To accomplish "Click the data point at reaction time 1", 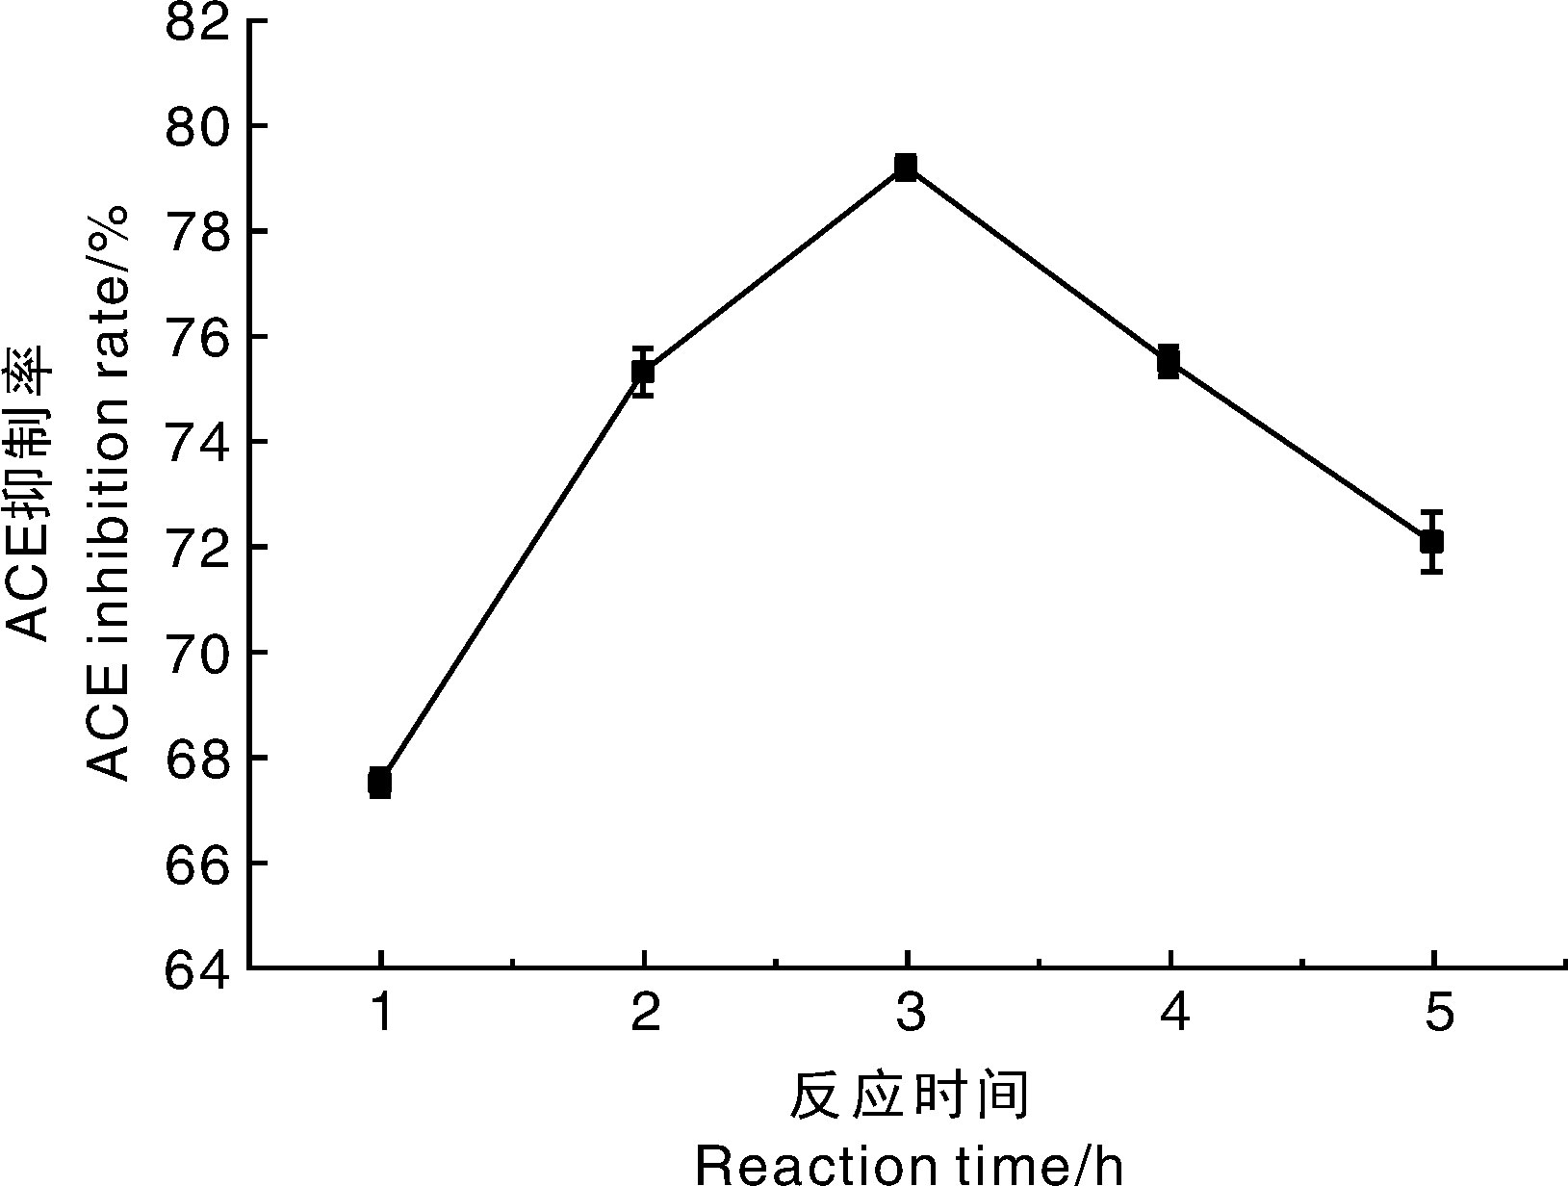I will [x=379, y=783].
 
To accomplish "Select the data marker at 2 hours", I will [x=643, y=371].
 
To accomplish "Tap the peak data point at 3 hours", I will [x=906, y=167].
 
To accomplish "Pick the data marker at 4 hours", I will [x=1169, y=361].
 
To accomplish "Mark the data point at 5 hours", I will [x=1432, y=541].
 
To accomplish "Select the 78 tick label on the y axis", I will [x=198, y=232].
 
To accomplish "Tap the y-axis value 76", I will [x=198, y=337].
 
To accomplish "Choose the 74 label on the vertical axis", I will [x=198, y=442].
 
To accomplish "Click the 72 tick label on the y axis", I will [x=198, y=547].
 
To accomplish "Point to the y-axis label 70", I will [x=198, y=653].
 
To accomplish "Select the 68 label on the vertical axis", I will [x=198, y=758].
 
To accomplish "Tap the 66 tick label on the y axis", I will [x=198, y=863].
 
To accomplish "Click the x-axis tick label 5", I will [x=1437, y=1013].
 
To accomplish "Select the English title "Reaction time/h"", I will [x=909, y=1165].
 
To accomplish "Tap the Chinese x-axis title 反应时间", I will [x=909, y=1096].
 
